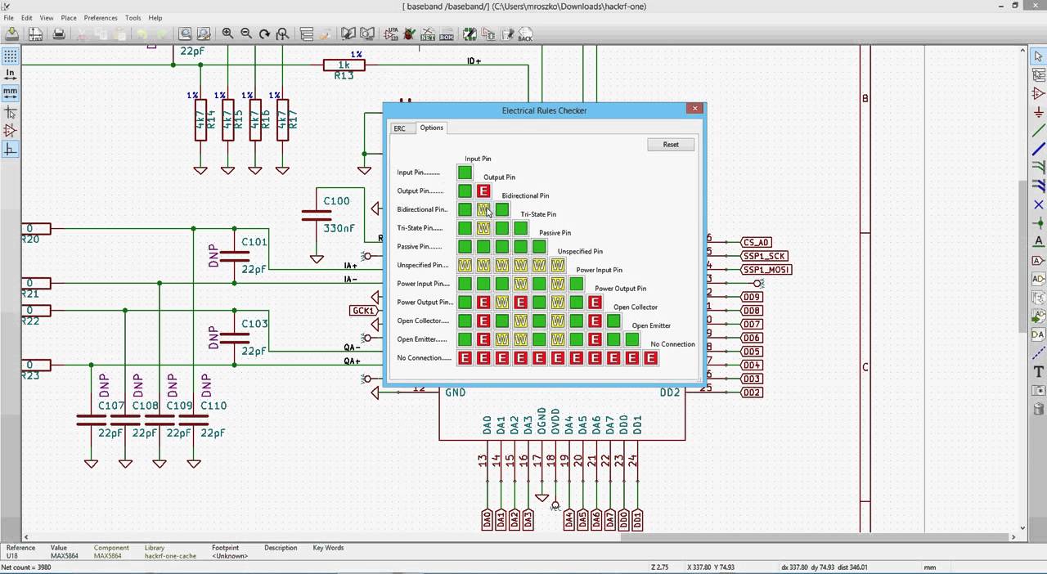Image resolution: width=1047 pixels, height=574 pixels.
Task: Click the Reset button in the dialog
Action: click(x=671, y=145)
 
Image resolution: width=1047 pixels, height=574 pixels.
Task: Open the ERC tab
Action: click(x=399, y=128)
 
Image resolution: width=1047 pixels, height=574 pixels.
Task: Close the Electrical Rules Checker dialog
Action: click(x=694, y=108)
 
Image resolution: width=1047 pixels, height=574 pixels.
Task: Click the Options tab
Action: click(x=431, y=128)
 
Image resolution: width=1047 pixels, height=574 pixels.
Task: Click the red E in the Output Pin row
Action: click(x=483, y=191)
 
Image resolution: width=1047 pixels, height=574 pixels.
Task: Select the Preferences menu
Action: click(x=101, y=17)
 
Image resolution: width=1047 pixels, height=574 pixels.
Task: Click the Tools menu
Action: click(x=133, y=17)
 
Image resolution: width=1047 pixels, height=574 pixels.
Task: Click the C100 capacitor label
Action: click(x=336, y=200)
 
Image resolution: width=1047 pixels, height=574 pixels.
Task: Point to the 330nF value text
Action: click(x=339, y=228)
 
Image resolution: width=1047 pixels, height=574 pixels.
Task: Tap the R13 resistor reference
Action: click(x=344, y=75)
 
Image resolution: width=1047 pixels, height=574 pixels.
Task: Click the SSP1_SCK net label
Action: click(x=764, y=256)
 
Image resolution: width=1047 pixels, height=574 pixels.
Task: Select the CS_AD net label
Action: click(x=756, y=243)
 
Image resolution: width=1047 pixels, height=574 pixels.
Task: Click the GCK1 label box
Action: click(x=362, y=311)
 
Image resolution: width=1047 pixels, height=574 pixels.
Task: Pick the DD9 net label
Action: click(x=751, y=297)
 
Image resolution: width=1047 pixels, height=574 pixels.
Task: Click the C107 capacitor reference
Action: click(x=111, y=406)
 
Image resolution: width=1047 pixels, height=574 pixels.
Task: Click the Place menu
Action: click(x=69, y=17)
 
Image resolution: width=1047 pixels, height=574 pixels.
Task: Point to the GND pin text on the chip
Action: click(x=455, y=392)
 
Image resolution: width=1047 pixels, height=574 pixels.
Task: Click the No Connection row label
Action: click(x=424, y=358)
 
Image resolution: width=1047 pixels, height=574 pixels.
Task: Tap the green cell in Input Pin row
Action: click(x=465, y=173)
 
